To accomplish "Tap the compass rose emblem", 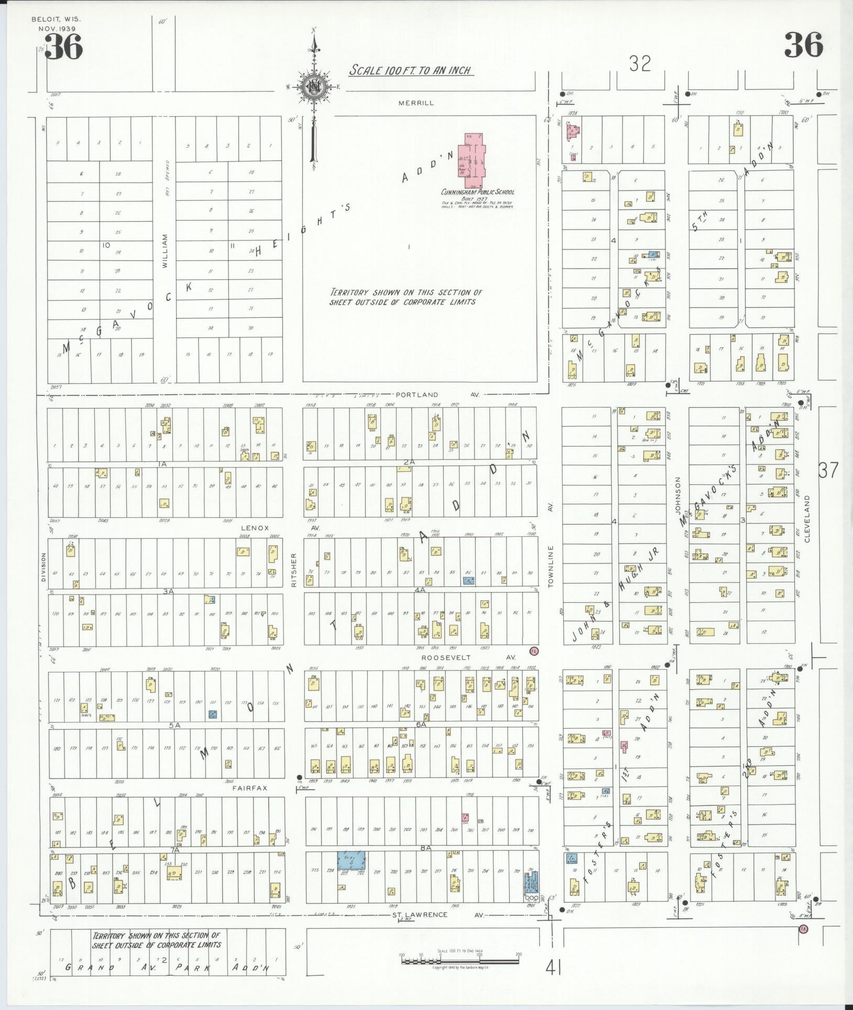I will point(313,88).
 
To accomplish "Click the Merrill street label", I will point(416,103).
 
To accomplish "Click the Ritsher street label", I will point(294,570).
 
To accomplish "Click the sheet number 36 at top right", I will point(803,46).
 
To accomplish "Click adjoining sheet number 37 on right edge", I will point(828,470).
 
